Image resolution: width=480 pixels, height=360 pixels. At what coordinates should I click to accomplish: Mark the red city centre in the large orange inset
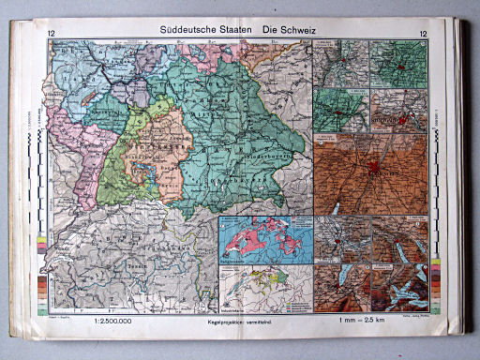(x=374, y=172)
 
